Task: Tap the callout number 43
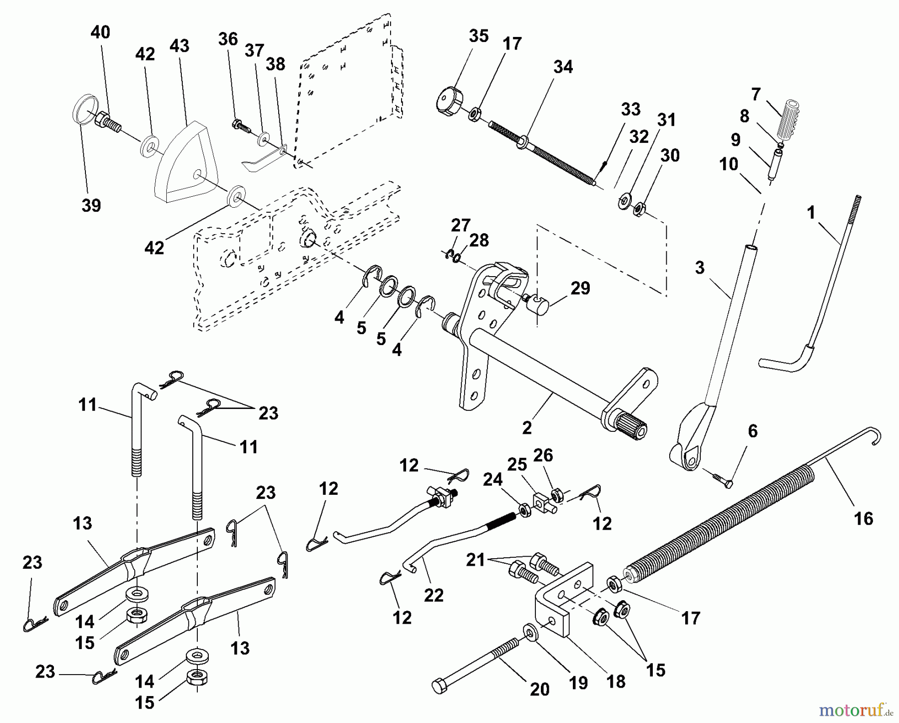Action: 179,46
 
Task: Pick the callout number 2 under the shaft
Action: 526,427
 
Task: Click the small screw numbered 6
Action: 722,479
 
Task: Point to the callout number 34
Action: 563,67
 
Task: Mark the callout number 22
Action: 433,595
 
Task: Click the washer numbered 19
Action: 529,631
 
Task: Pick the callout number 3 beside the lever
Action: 700,268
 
